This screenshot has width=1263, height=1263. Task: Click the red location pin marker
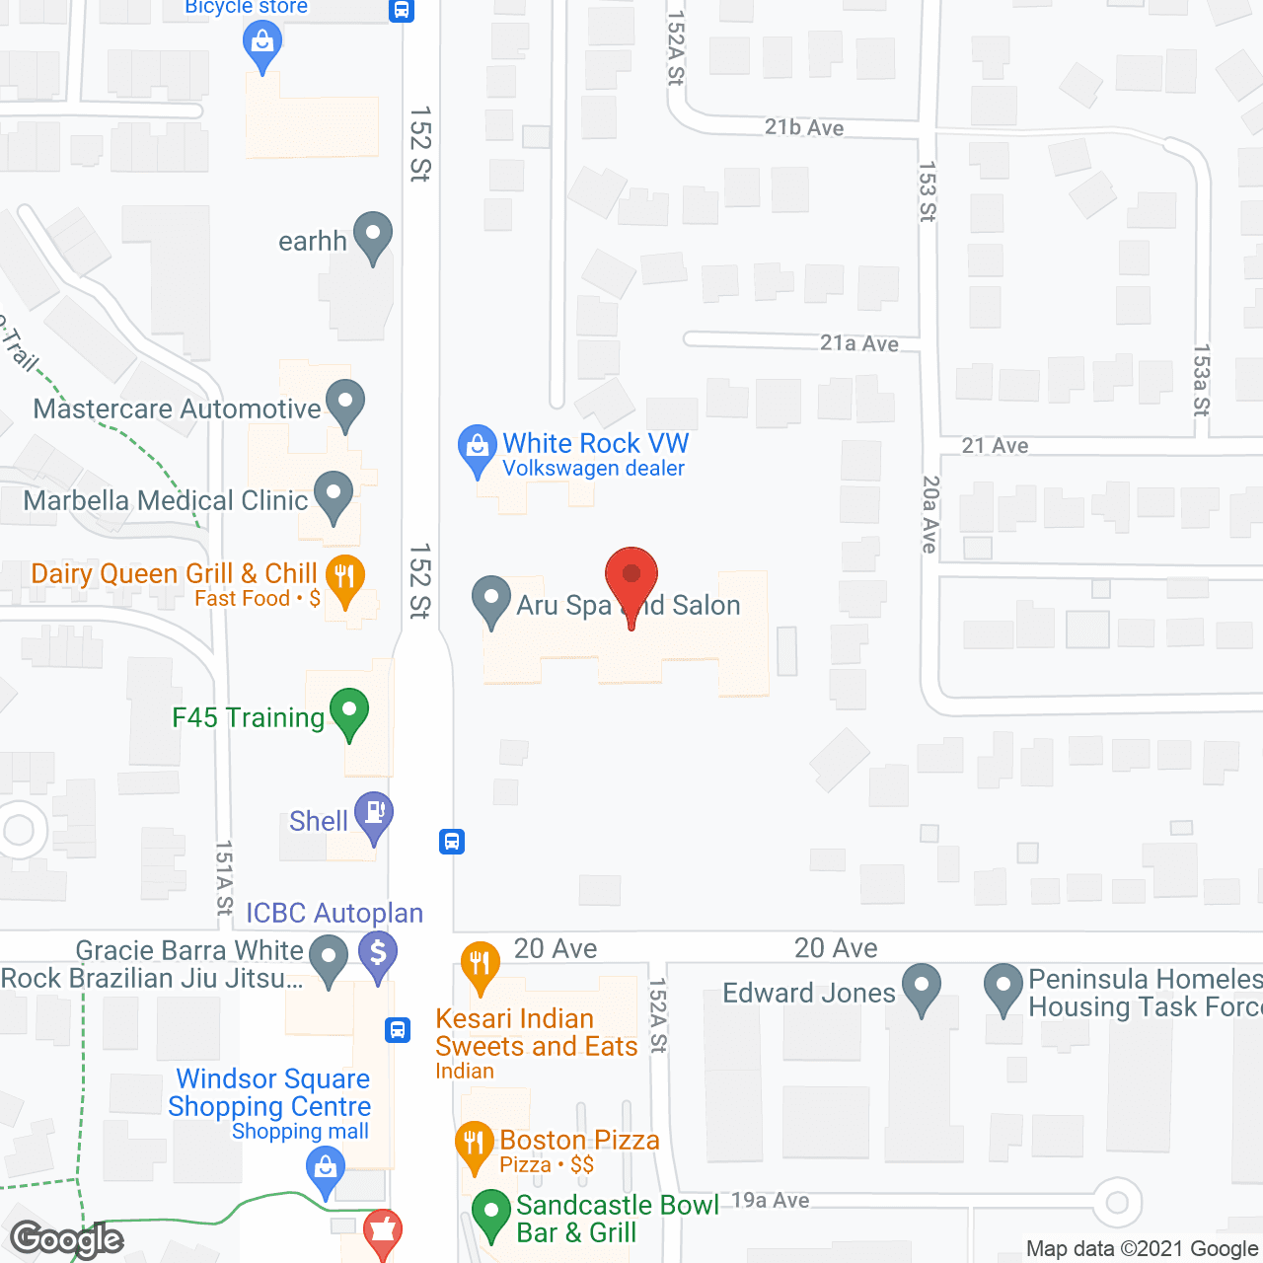pyautogui.click(x=631, y=577)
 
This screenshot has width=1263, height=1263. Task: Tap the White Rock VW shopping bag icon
pyautogui.click(x=478, y=447)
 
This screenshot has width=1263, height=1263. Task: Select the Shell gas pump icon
pyautogui.click(x=374, y=814)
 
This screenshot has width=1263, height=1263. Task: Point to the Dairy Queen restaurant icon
pyautogui.click(x=344, y=577)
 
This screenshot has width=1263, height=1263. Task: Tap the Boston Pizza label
pyautogui.click(x=579, y=1141)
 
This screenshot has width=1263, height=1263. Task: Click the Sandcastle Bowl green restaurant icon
pyautogui.click(x=490, y=1212)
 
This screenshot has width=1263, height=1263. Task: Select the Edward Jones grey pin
pyautogui.click(x=922, y=986)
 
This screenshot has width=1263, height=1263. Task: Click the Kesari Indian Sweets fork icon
pyautogui.click(x=480, y=962)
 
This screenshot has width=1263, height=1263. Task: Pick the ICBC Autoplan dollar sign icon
pyautogui.click(x=378, y=955)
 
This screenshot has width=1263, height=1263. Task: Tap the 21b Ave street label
pyautogui.click(x=804, y=127)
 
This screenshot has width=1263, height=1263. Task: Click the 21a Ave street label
pyautogui.click(x=859, y=343)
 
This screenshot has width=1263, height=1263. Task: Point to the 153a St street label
pyautogui.click(x=1201, y=380)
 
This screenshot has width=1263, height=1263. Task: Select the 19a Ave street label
pyautogui.click(x=771, y=1200)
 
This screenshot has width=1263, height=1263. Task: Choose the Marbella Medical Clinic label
pyautogui.click(x=166, y=500)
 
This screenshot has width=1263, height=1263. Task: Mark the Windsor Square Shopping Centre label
pyautogui.click(x=269, y=1092)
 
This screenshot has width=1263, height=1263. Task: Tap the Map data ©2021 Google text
pyautogui.click(x=1142, y=1248)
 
